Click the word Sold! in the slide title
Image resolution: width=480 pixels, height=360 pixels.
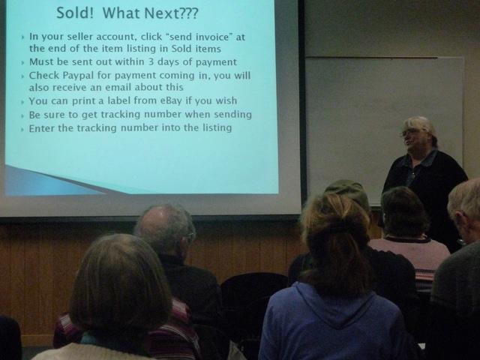(75, 13)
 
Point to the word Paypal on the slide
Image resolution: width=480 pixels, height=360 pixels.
(79, 76)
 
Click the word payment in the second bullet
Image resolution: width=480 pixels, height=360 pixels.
(216, 62)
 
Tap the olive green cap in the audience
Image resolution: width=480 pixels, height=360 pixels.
(349, 191)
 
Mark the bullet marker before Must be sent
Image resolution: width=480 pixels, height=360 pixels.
(22, 63)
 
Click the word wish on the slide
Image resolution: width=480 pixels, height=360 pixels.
(226, 100)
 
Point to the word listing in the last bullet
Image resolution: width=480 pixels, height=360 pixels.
(217, 128)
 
